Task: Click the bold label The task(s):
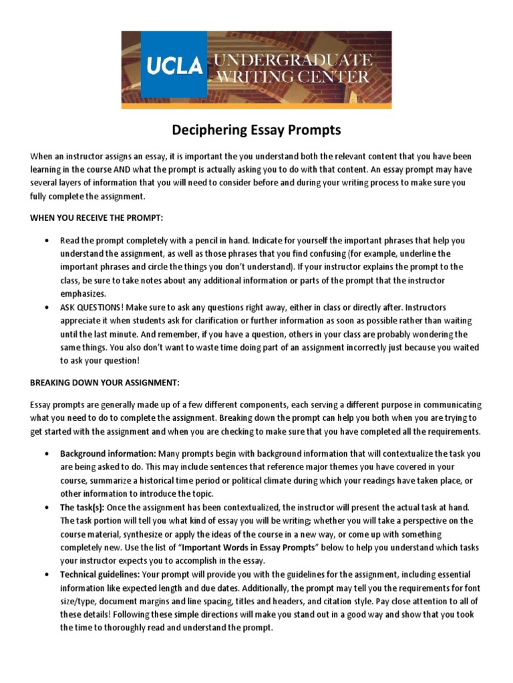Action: [x=83, y=507]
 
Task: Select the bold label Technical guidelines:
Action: [x=100, y=574]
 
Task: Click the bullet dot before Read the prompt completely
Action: [x=45, y=240]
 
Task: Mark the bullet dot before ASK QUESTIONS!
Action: [x=45, y=307]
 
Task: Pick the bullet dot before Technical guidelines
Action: [x=45, y=574]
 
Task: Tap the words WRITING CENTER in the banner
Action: [x=292, y=77]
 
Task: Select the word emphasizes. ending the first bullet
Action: [x=83, y=293]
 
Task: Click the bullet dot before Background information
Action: [x=45, y=454]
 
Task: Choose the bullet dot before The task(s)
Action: [x=45, y=507]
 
